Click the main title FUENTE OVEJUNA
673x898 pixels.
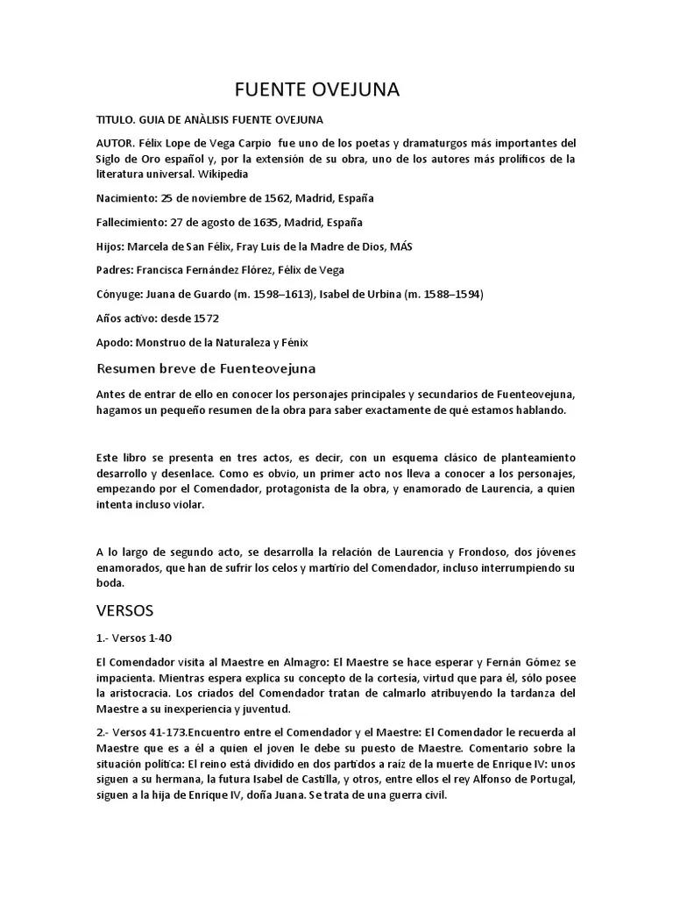pos(316,89)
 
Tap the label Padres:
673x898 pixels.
pos(115,270)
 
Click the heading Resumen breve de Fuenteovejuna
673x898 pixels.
pos(205,368)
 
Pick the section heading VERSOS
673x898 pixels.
pos(124,609)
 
